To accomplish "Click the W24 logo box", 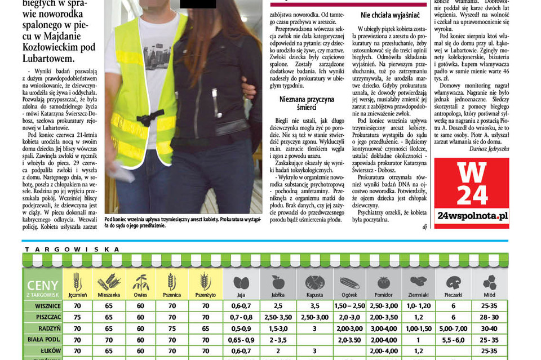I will (471, 192).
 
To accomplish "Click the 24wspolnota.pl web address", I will (471, 216).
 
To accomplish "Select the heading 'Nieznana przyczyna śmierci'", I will (307, 103).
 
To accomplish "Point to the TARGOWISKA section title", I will (72, 249).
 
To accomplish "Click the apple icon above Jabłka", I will (278, 282).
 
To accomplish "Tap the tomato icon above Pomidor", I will (383, 282).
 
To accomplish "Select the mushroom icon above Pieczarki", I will (453, 282).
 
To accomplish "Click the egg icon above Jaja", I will (241, 282).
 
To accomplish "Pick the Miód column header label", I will (489, 295).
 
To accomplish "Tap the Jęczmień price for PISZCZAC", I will (77, 317).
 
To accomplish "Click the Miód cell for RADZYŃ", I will (489, 328).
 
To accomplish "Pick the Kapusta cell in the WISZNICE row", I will (314, 306).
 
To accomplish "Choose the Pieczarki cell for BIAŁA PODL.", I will (453, 340).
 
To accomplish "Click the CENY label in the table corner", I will (42, 285).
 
